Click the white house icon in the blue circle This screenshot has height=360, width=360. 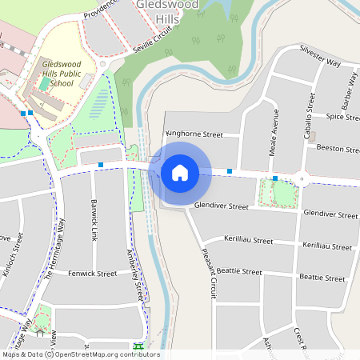[180, 172]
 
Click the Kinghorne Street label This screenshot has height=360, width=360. [194, 134]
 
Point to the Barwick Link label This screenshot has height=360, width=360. [94, 221]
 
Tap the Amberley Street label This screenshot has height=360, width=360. [133, 272]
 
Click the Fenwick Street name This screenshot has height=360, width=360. [93, 274]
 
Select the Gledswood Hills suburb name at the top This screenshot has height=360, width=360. [158, 10]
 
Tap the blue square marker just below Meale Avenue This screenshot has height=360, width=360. [274, 178]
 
